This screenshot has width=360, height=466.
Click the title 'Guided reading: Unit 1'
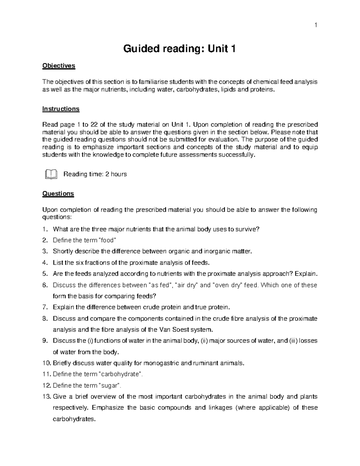click(x=179, y=49)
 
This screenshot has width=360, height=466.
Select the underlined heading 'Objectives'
click(x=59, y=66)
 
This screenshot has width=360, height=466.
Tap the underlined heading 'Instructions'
click(x=61, y=109)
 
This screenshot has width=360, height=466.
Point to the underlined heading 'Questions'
click(x=58, y=194)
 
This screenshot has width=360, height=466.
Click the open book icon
click(x=51, y=174)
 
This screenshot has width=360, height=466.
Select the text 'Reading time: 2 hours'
click(x=95, y=174)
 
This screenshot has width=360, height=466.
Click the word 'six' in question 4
click(x=81, y=263)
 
